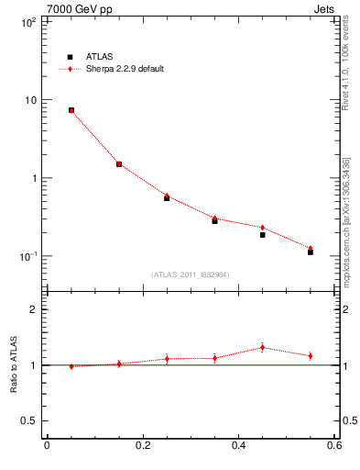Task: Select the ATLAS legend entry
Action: [101, 56]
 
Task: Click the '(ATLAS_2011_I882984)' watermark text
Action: [191, 274]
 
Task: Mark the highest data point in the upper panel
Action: [71, 110]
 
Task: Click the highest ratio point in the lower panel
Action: [262, 347]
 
